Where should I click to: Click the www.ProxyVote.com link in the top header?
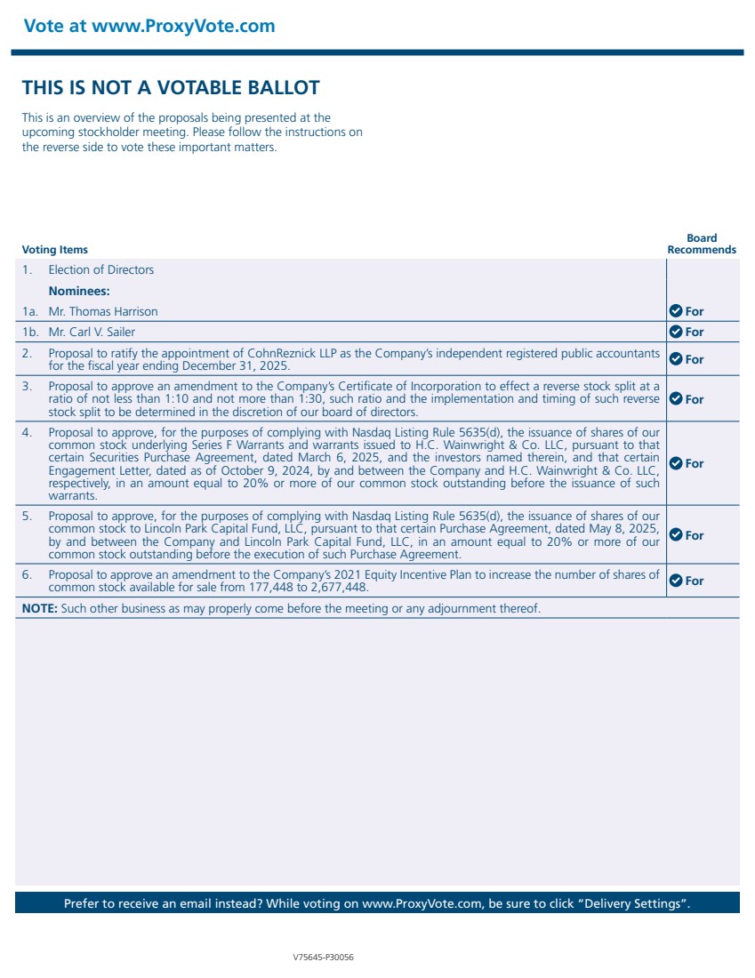click(x=183, y=26)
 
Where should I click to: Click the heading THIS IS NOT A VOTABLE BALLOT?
click(x=171, y=87)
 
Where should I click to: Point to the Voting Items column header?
click(x=55, y=250)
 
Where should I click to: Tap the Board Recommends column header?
click(x=702, y=244)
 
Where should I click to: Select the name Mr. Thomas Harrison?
click(x=103, y=311)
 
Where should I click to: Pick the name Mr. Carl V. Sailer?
click(x=92, y=332)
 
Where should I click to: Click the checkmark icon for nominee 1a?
click(x=675, y=311)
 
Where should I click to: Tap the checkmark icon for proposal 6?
click(x=675, y=581)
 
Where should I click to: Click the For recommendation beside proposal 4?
click(x=694, y=463)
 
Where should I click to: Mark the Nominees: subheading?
click(x=79, y=291)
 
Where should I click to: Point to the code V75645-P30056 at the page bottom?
click(x=324, y=958)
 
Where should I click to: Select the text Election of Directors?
click(x=100, y=269)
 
